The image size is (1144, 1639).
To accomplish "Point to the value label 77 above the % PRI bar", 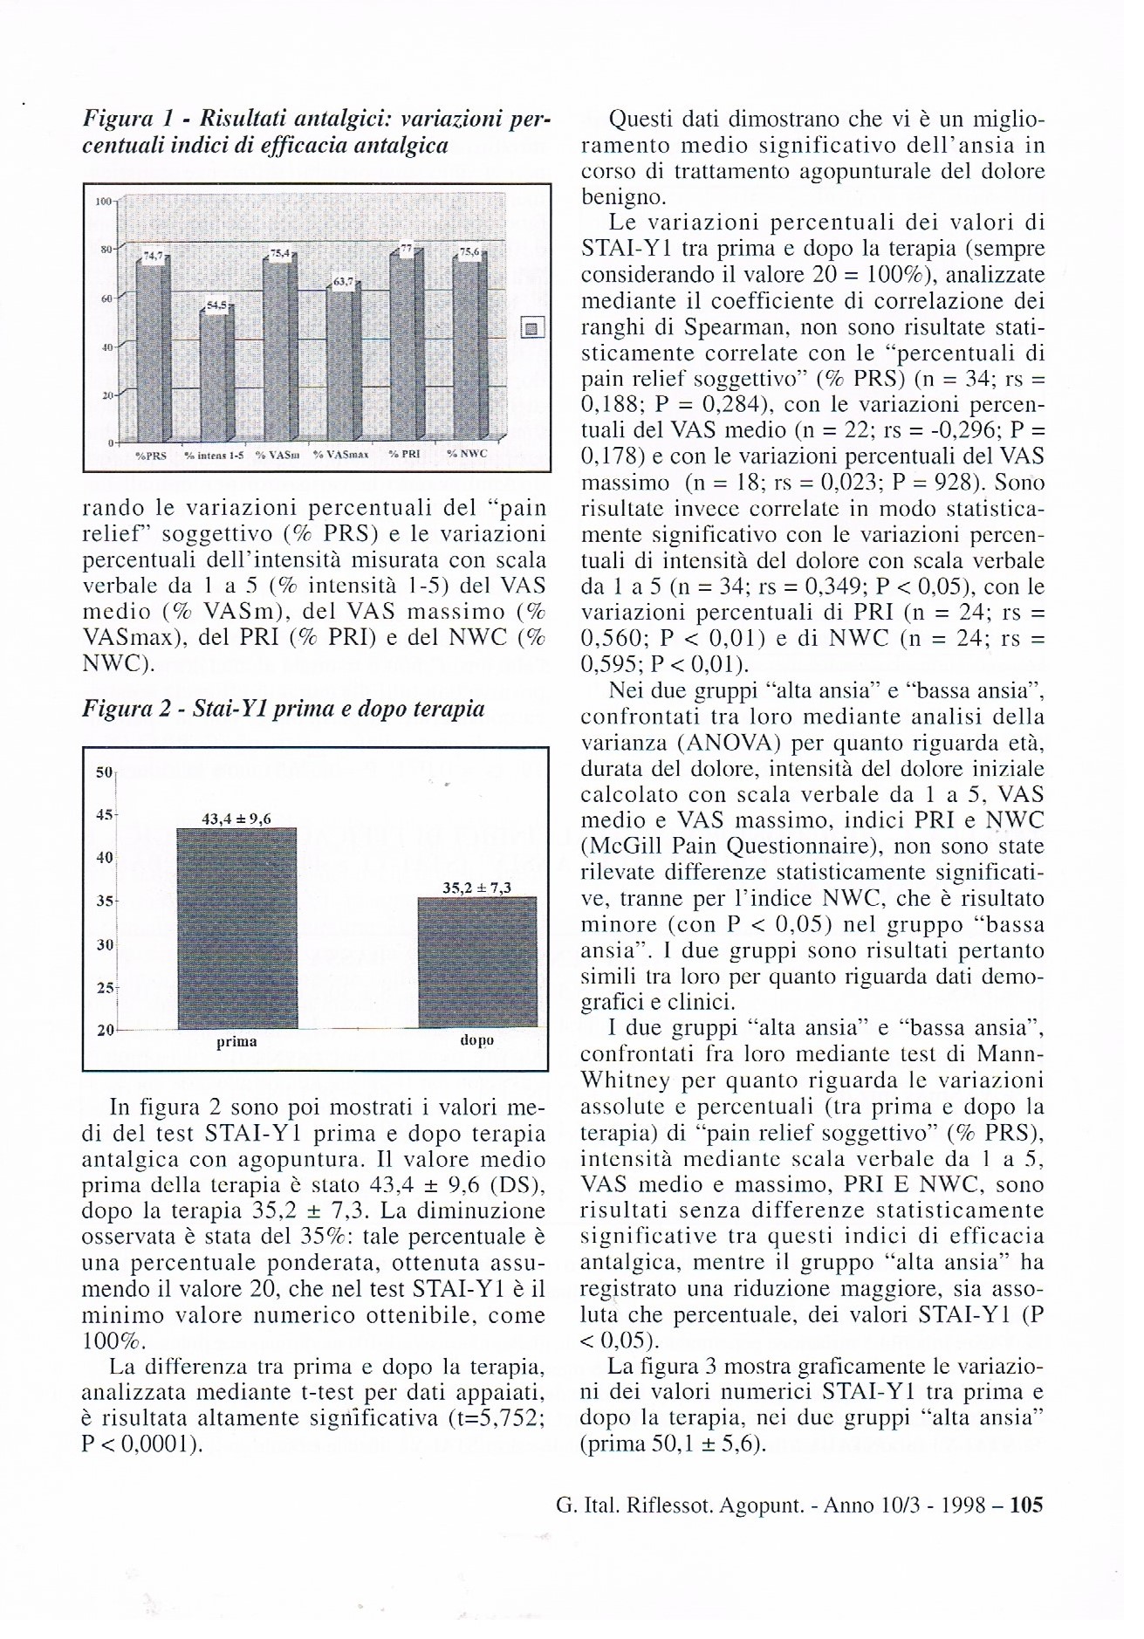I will point(404,250).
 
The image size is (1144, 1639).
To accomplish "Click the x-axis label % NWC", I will point(467,455).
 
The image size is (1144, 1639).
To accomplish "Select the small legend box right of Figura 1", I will point(531,328).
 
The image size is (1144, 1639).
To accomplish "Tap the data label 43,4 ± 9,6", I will point(236,819).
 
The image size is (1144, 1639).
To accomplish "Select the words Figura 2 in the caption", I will point(123,709).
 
